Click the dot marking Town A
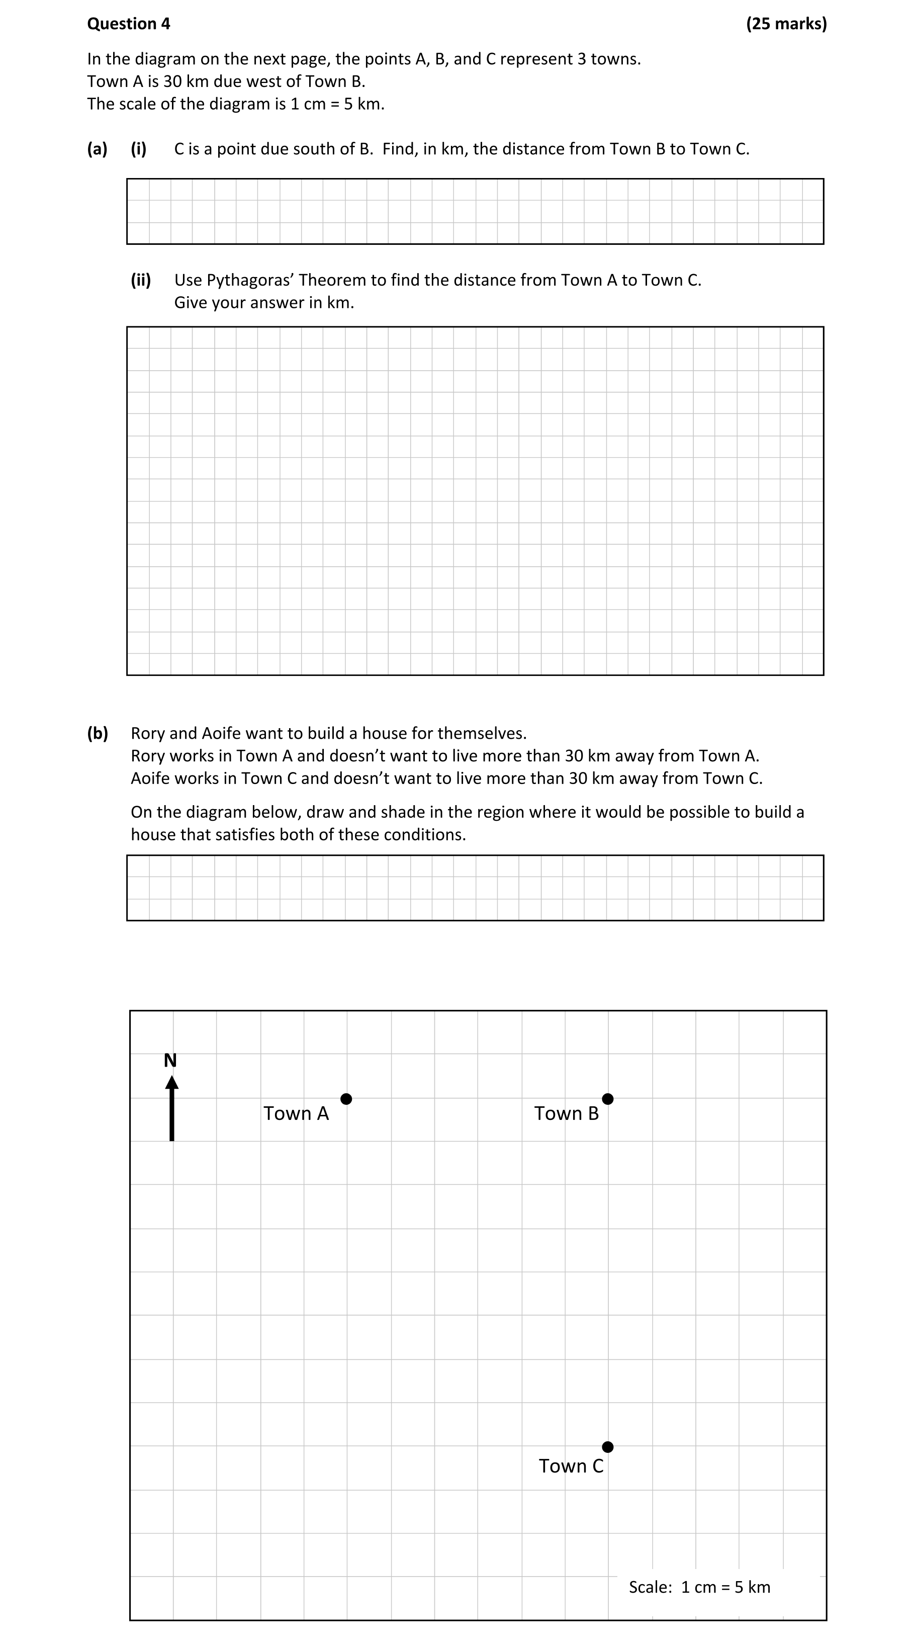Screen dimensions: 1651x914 tap(346, 1098)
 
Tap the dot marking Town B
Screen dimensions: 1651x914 tap(608, 1098)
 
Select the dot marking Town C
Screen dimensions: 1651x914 tap(608, 1446)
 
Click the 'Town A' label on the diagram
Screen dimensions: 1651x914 tap(296, 1113)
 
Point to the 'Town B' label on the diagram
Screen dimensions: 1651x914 tap(567, 1113)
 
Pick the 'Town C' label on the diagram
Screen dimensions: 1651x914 tap(571, 1466)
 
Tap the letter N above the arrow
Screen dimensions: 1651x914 tap(170, 1061)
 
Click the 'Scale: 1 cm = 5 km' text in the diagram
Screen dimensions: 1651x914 tap(699, 1587)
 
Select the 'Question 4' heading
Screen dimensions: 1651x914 tap(129, 24)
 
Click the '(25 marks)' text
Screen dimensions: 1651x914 tap(786, 24)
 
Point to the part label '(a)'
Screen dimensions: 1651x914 tap(98, 149)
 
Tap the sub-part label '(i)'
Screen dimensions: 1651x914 tap(138, 149)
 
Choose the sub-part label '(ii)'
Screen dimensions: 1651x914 tap(141, 280)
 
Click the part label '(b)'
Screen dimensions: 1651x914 tap(98, 733)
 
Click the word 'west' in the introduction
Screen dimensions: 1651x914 tap(279, 81)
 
